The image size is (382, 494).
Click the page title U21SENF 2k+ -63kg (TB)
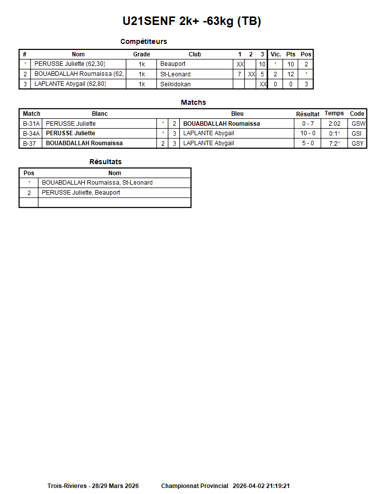tap(192, 21)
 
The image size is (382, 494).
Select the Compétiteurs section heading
tap(144, 41)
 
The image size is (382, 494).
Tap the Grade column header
tap(141, 54)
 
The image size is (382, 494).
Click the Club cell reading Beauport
tap(173, 64)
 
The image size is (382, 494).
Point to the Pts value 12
tap(291, 74)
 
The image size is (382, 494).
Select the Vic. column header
tap(276, 54)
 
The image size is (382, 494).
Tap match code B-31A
tap(31, 124)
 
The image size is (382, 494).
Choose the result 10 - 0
tap(308, 133)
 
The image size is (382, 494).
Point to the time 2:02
tap(335, 124)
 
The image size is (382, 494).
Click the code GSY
tap(358, 143)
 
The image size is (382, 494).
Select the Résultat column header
tap(308, 114)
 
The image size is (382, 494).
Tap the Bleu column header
tap(237, 114)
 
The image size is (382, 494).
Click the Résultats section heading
tap(105, 162)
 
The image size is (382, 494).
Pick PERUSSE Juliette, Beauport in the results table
tap(81, 193)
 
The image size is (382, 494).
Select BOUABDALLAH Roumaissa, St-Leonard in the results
tap(97, 183)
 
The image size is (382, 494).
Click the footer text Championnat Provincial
tap(195, 486)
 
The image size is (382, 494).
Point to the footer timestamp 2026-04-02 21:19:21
tap(262, 486)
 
